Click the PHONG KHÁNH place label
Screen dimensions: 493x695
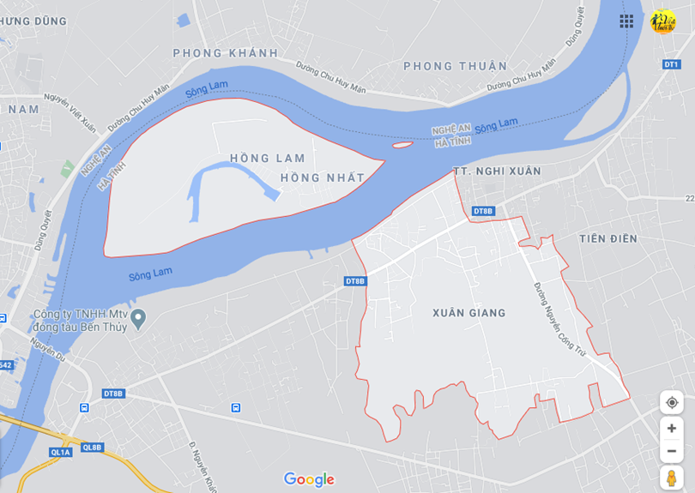226,53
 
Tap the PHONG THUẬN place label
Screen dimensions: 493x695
455,66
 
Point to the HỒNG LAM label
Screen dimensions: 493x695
267,158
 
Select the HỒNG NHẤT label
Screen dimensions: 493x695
322,177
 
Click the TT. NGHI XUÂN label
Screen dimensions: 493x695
497,171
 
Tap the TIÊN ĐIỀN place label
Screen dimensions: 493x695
608,238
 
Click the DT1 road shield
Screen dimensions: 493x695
671,64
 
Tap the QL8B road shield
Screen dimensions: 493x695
92,447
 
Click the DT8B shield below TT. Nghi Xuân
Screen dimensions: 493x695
483,211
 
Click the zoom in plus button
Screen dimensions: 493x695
671,429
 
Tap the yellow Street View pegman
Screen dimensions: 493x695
671,478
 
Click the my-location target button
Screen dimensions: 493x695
671,403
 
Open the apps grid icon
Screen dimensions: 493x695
627,21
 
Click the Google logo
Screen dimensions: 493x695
309,479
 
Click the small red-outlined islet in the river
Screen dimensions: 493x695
402,145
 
